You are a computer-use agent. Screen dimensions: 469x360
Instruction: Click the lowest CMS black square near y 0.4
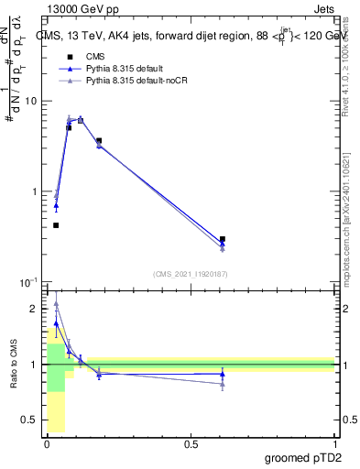click(x=56, y=225)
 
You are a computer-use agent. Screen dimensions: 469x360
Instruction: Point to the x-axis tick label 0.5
click(x=191, y=443)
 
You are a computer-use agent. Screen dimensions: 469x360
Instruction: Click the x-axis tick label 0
click(x=47, y=443)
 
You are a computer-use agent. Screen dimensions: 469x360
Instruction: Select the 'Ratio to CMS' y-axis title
click(x=14, y=365)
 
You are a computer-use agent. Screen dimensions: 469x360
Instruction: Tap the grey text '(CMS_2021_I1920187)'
click(x=190, y=274)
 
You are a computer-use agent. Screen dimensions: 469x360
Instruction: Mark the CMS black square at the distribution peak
click(x=81, y=120)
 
